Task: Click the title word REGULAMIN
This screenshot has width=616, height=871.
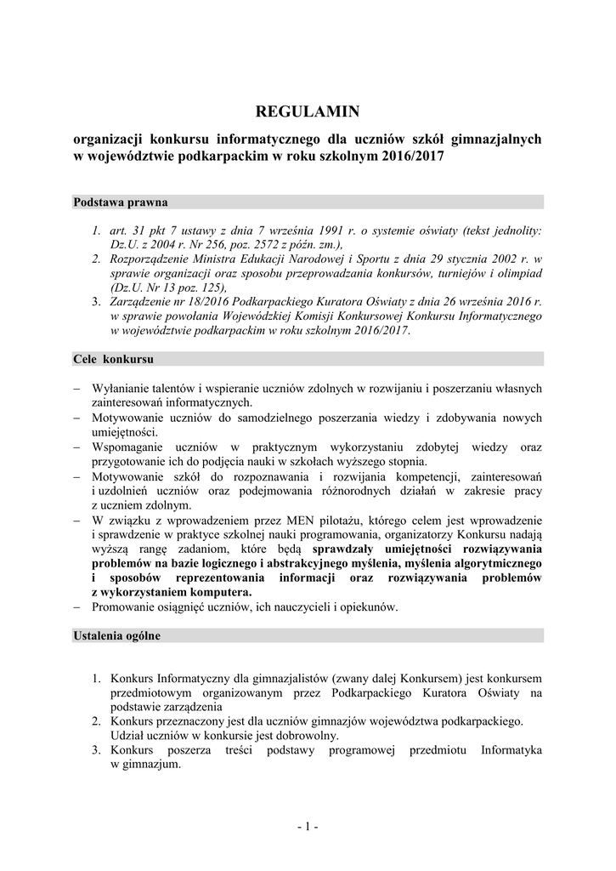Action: [x=308, y=111]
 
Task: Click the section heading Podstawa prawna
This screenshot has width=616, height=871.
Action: [x=121, y=202]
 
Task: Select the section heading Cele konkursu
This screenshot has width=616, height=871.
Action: [x=113, y=359]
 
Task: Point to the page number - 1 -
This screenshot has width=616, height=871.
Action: [x=308, y=826]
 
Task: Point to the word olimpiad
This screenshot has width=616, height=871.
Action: [x=517, y=272]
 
